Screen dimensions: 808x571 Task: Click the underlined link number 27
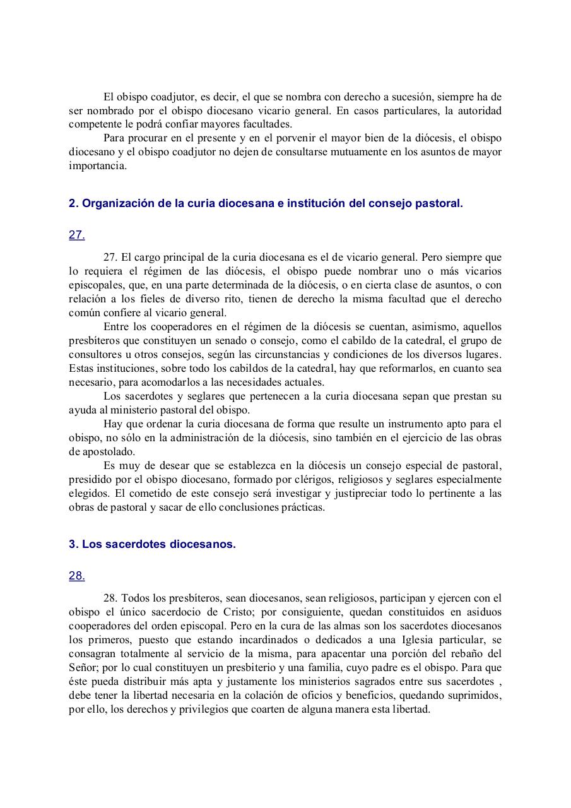76,235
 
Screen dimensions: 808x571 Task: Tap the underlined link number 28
76,576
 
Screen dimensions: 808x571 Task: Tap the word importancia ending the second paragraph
97,166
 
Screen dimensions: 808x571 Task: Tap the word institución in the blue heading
315,204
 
